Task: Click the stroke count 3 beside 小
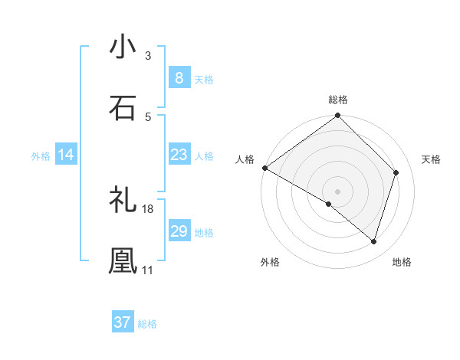pyautogui.click(x=147, y=56)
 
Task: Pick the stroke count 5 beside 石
pyautogui.click(x=147, y=117)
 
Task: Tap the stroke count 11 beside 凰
pyautogui.click(x=148, y=270)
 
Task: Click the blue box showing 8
pyautogui.click(x=179, y=78)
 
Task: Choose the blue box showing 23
pyautogui.click(x=179, y=155)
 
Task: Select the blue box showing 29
pyautogui.click(x=179, y=231)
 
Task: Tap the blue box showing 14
pyautogui.click(x=66, y=155)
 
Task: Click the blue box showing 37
pyautogui.click(x=122, y=322)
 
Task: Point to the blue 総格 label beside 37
pyautogui.click(x=147, y=324)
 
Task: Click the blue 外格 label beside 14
pyautogui.click(x=41, y=155)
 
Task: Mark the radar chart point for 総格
pyautogui.click(x=337, y=116)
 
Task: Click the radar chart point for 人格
pyautogui.click(x=264, y=168)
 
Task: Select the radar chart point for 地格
pyautogui.click(x=373, y=241)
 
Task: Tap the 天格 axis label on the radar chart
pyautogui.click(x=431, y=159)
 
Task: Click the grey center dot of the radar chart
pyautogui.click(x=337, y=191)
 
